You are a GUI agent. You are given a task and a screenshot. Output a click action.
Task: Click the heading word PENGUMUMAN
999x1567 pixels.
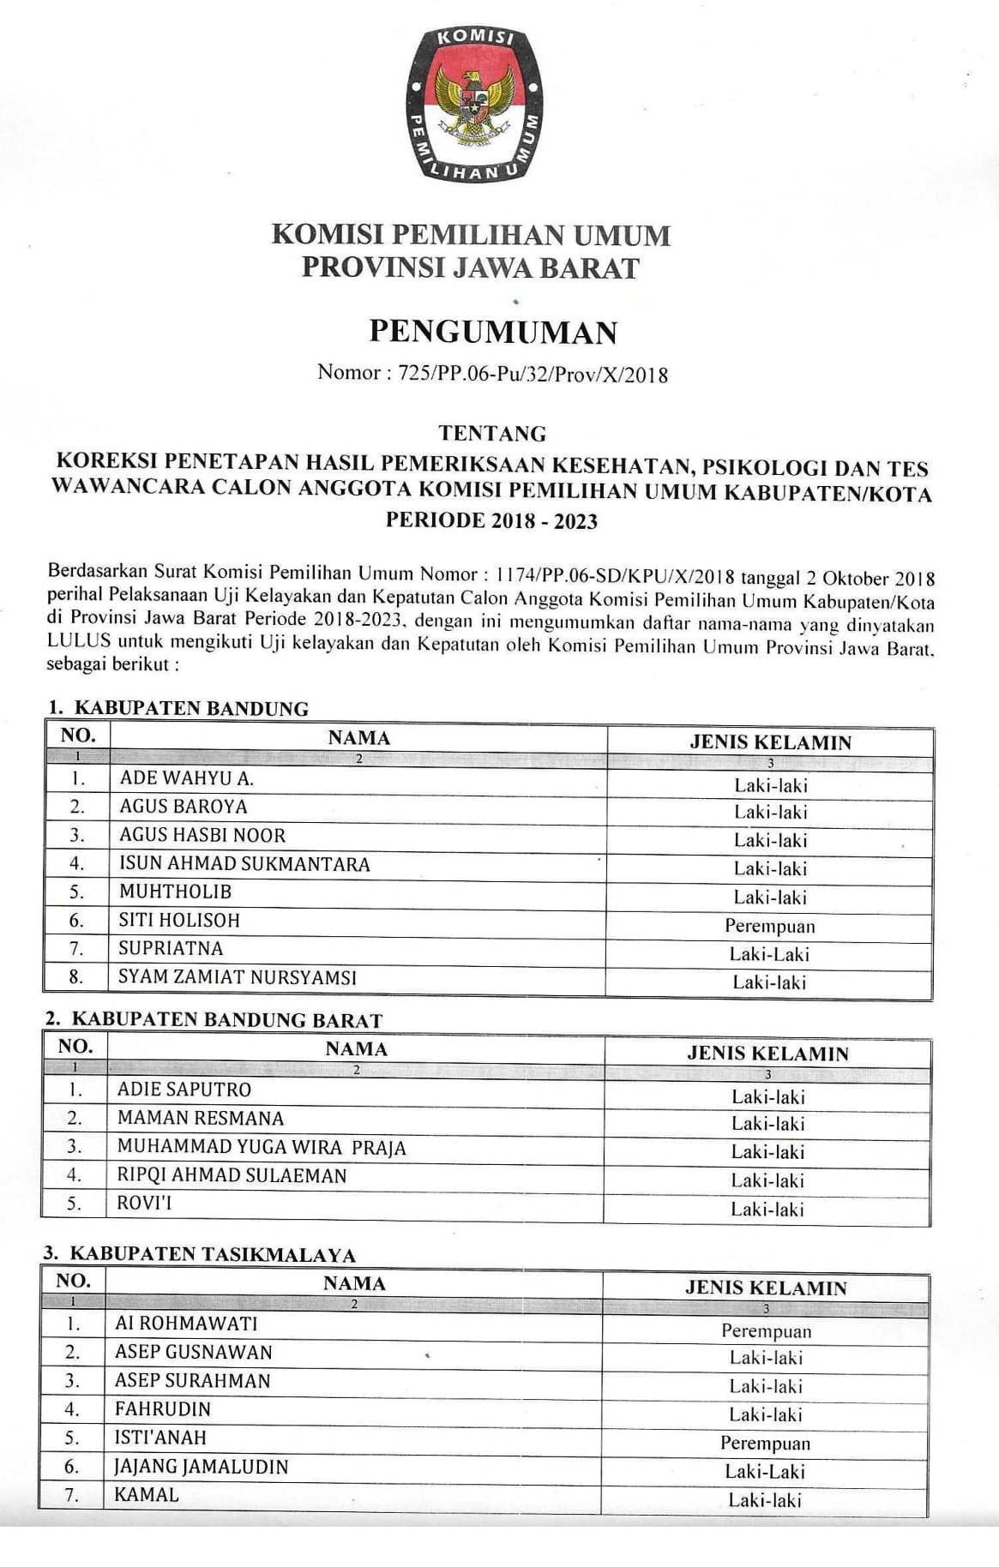pos(493,332)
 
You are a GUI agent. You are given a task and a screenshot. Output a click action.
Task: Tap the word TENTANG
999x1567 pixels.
pos(491,433)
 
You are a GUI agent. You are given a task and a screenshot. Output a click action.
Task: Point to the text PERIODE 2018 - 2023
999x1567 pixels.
pos(491,520)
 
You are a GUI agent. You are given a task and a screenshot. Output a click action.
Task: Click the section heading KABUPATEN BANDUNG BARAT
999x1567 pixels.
pos(226,1020)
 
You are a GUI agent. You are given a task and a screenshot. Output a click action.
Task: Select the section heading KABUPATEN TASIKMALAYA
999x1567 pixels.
pos(212,1254)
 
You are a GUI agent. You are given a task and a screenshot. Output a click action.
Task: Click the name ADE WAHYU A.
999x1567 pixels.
pos(186,778)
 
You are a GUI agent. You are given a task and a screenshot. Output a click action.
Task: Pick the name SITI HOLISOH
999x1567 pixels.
pos(179,920)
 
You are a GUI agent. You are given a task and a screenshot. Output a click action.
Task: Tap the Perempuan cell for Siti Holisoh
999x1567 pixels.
pos(769,926)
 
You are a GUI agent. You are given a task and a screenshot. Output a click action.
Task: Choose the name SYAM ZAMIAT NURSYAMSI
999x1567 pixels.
pos(238,976)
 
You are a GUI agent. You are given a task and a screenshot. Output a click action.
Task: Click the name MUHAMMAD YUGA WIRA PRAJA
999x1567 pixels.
pos(262,1147)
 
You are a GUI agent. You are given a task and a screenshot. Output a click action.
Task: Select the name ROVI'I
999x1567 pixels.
pos(144,1203)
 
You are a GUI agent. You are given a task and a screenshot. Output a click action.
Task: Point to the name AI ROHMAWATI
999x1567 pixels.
pos(186,1323)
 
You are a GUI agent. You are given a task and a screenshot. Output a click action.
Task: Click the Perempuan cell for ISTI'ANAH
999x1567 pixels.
pos(765,1443)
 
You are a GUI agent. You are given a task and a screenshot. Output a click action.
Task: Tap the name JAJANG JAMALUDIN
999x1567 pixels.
pos(202,1466)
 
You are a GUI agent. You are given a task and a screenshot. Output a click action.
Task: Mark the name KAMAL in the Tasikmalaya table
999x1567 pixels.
pos(147,1495)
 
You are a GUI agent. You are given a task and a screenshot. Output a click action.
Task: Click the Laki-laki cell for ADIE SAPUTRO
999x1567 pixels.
pos(767,1096)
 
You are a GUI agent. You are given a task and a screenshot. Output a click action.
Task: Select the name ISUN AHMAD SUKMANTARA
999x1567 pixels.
pos(244,863)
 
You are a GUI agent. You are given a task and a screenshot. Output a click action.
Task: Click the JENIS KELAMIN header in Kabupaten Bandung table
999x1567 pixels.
pos(770,742)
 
